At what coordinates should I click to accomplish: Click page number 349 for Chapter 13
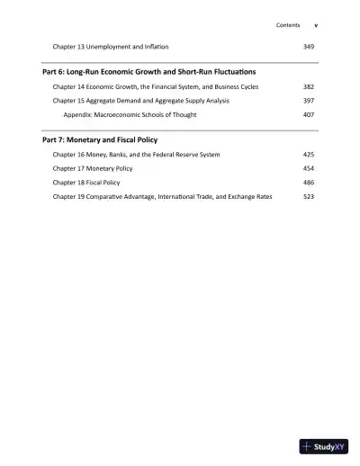[309, 45]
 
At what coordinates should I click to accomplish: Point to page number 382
[309, 87]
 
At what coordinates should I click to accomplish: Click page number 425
[309, 155]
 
